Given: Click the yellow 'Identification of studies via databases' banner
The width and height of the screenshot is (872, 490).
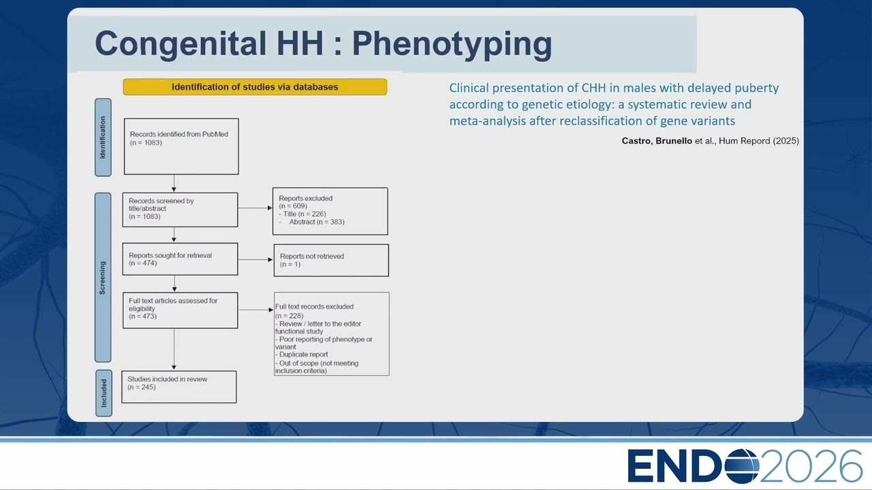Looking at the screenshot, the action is (255, 86).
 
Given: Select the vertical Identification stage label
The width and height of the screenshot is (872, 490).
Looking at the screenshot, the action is (103, 137).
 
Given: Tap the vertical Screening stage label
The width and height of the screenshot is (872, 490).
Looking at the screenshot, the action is (103, 277).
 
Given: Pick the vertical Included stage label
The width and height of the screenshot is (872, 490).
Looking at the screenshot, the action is (104, 393).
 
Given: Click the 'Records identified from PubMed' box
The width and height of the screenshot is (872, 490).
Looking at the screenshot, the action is (181, 146).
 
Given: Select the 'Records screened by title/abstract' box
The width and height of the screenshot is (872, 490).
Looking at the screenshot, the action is (181, 210).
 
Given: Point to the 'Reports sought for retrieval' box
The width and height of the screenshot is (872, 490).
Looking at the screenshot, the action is (181, 259).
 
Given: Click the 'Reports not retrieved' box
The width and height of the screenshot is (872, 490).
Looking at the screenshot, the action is (331, 260).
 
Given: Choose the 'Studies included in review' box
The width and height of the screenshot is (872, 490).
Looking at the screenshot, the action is (179, 387).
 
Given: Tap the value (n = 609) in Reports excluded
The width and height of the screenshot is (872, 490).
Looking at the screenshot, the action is (293, 206).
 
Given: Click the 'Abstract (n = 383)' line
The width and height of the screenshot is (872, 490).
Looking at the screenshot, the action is (317, 222).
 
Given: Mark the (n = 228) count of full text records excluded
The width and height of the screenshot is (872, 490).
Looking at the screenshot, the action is (290, 316).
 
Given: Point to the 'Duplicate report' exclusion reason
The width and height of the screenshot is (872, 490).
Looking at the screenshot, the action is (302, 355).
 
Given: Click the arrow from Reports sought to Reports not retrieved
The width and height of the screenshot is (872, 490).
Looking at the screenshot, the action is (255, 259).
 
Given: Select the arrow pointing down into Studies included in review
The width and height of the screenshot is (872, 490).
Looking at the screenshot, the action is (174, 349).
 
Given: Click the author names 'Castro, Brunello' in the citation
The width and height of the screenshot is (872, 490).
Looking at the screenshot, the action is (657, 141).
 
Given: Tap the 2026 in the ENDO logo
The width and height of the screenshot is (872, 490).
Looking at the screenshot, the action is (811, 466).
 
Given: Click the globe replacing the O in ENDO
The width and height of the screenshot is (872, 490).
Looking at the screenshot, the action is (743, 466).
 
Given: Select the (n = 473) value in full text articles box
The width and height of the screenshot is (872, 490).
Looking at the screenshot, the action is (143, 316).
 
